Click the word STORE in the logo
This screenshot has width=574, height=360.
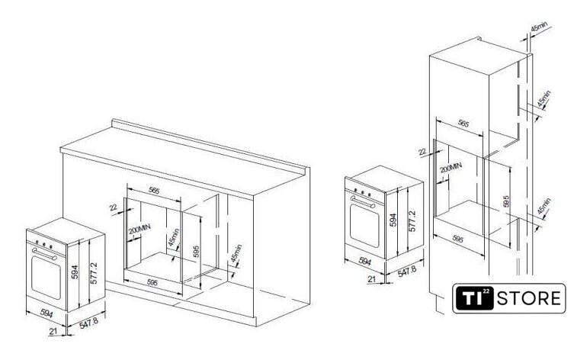tap(528, 298)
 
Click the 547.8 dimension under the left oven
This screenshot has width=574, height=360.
tap(89, 323)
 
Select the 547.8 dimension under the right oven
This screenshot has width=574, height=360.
tap(407, 272)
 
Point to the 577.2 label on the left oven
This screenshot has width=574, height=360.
tap(94, 273)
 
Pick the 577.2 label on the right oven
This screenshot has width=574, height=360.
tap(412, 221)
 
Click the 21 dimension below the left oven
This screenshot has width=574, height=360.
tap(53, 331)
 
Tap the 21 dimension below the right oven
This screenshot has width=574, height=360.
tap(372, 279)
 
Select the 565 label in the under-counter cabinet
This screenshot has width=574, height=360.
tap(154, 191)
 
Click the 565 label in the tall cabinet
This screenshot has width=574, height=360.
tap(463, 124)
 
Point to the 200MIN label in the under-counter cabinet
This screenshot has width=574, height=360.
tap(139, 230)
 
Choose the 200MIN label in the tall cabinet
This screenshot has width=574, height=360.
tap(451, 167)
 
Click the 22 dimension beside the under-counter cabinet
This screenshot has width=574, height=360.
tap(114, 207)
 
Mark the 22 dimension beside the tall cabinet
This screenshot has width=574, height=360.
tap(422, 151)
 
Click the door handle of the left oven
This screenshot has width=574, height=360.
tap(44, 253)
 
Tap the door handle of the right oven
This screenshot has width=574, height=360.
tap(363, 202)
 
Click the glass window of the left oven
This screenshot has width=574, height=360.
tap(46, 277)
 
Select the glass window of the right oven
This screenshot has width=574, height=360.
tap(364, 226)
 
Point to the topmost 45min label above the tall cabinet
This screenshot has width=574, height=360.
tap(539, 27)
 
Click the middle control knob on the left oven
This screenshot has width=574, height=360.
tap(44, 244)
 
